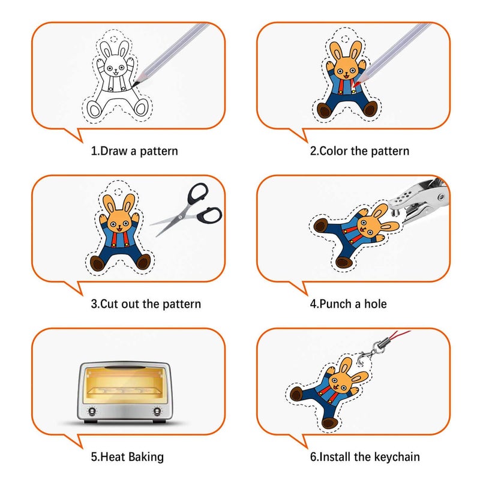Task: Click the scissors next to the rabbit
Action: (186, 209)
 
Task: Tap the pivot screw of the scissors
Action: (181, 217)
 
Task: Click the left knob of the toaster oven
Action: (92, 411)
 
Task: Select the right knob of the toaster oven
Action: (157, 411)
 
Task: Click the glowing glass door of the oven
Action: (125, 385)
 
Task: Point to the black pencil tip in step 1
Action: (135, 83)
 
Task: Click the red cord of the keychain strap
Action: (397, 335)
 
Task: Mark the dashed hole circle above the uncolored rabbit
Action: (113, 39)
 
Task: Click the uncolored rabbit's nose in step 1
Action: (116, 70)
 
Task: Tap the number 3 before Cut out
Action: (94, 304)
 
